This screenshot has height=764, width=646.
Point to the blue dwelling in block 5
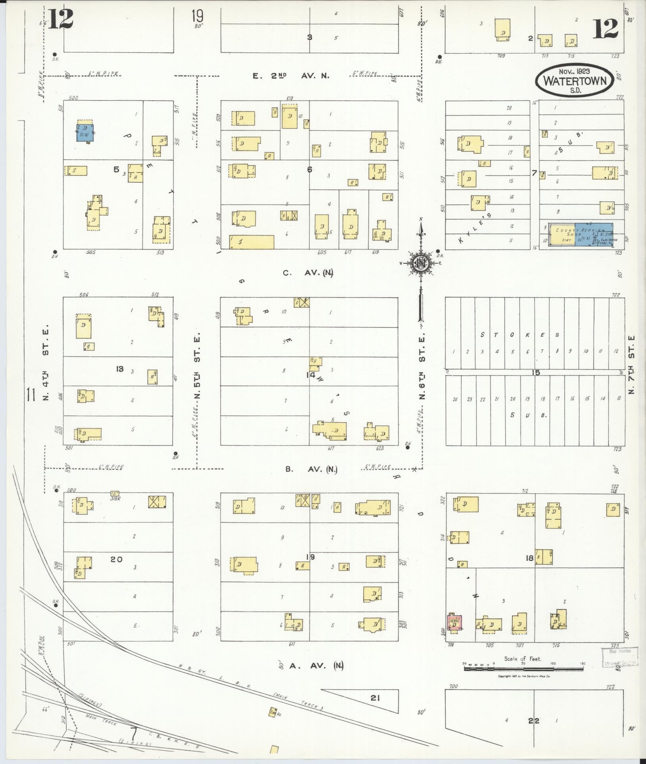(85, 133)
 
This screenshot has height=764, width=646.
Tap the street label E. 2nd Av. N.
(291, 76)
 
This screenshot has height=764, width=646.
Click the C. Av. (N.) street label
(308, 273)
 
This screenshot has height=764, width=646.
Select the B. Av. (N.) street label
(311, 469)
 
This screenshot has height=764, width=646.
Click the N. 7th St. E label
(632, 365)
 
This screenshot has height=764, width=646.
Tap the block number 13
(119, 369)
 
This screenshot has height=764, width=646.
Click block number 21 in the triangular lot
(375, 697)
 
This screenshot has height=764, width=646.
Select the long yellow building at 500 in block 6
(252, 242)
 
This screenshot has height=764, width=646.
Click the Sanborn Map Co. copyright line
(523, 676)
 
